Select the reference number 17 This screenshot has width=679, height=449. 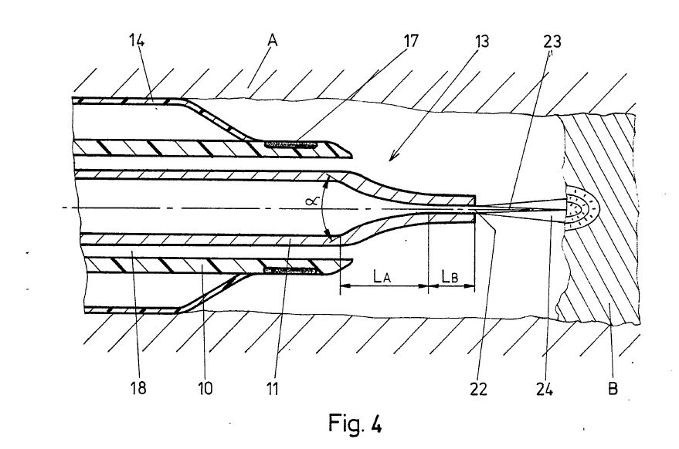pyautogui.click(x=410, y=41)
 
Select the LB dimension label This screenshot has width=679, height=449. pyautogui.click(x=450, y=275)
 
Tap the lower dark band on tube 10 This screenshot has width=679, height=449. pyautogui.click(x=290, y=272)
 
